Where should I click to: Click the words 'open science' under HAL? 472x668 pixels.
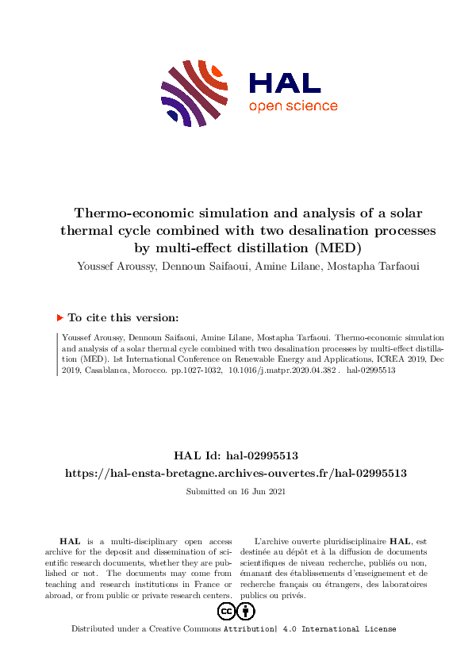[x=294, y=106]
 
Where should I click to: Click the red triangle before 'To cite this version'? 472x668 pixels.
[x=59, y=317]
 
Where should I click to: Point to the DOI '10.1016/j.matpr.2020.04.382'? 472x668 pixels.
[x=282, y=370]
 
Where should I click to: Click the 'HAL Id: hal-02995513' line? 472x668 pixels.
[x=236, y=455]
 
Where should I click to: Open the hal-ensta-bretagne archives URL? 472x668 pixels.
[x=236, y=473]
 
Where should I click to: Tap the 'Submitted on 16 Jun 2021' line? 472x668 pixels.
[x=236, y=492]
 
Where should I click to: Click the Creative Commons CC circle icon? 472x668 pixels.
[x=226, y=611]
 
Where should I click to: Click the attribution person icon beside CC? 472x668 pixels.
[x=246, y=611]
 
